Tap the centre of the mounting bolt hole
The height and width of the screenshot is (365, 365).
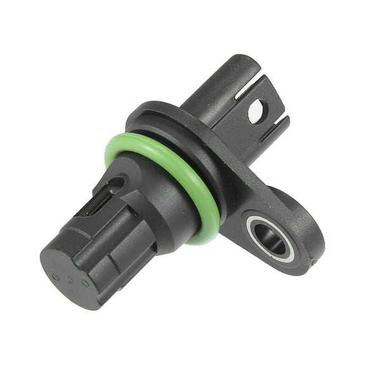click(272, 238)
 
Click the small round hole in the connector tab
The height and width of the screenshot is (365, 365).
click(255, 112)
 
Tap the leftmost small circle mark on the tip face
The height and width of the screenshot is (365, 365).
click(56, 276)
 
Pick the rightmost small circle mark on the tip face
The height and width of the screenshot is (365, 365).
click(84, 283)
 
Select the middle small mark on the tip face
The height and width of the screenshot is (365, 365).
click(70, 279)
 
